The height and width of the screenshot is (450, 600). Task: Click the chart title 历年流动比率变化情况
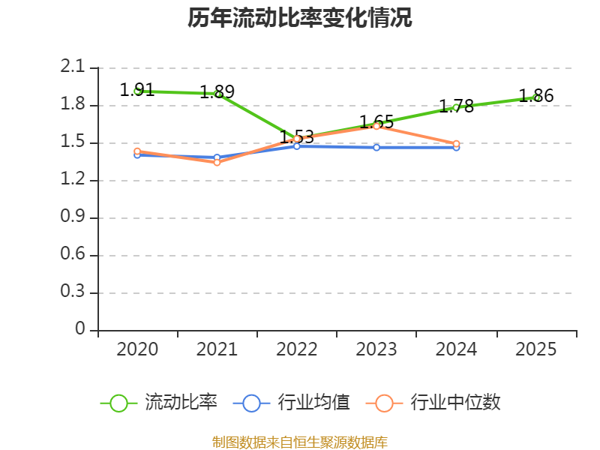tap(300, 18)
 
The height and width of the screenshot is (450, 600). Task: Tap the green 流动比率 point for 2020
tap(138, 91)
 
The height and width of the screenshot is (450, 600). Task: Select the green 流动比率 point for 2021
tap(217, 94)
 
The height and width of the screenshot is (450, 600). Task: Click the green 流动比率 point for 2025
tap(536, 97)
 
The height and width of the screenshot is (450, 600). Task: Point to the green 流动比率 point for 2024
tap(456, 107)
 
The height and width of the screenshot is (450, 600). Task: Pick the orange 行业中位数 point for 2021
tap(217, 162)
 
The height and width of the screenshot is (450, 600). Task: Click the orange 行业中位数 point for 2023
tap(376, 126)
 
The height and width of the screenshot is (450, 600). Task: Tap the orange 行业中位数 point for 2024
tap(456, 143)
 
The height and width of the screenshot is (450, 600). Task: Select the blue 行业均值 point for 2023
tap(376, 147)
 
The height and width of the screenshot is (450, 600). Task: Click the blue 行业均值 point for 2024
tap(456, 148)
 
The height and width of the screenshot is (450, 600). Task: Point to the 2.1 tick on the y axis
tap(73, 67)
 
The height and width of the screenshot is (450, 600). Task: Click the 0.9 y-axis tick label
tap(73, 217)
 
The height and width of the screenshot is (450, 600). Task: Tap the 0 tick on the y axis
tap(80, 329)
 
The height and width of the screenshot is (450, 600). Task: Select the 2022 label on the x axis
tap(297, 349)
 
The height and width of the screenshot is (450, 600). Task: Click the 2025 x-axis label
tap(536, 349)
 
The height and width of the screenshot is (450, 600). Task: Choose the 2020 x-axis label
tap(138, 349)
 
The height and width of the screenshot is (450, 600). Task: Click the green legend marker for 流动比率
tap(118, 403)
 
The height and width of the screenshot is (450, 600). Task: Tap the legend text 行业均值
tap(314, 403)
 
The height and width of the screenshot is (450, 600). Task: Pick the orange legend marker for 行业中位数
tap(384, 403)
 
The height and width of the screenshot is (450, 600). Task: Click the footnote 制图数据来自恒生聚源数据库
tap(300, 442)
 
